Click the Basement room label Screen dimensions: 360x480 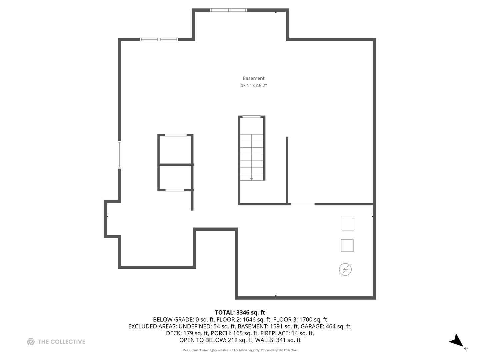[253, 78]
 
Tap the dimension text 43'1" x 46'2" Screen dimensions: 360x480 [253, 86]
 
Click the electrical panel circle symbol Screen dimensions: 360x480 [345, 269]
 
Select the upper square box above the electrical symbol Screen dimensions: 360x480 [348, 224]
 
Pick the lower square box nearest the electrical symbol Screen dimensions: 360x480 [347, 246]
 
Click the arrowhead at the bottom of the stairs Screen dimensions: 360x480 [252, 179]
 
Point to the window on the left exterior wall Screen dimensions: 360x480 [119, 155]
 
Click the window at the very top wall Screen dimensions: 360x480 [228, 10]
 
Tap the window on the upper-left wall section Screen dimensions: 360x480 [159, 39]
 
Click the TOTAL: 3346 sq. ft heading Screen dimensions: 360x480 [240, 312]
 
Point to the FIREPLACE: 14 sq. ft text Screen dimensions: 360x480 [287, 333]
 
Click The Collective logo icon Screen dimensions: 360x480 [31, 341]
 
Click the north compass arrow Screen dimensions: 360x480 [456, 341]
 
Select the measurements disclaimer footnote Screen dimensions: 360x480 [240, 350]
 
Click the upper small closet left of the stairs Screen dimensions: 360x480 [175, 150]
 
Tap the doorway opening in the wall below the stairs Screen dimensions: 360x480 [303, 204]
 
